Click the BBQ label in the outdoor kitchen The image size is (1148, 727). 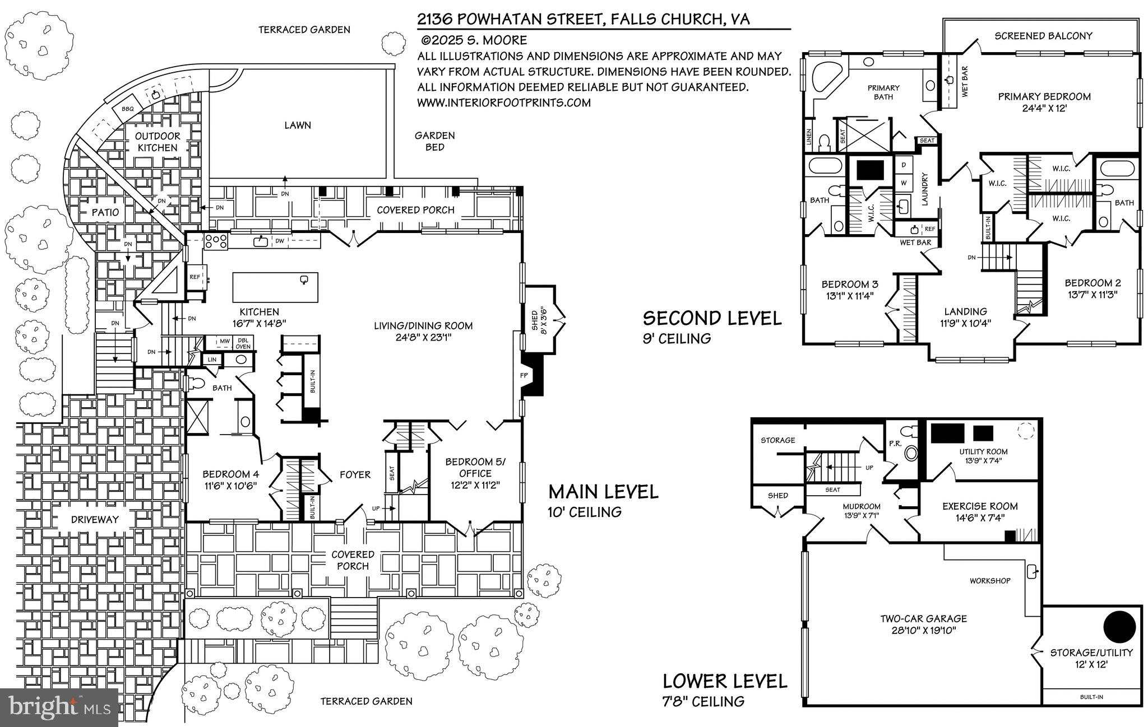pyautogui.click(x=128, y=109)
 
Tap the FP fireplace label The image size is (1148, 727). pyautogui.click(x=524, y=375)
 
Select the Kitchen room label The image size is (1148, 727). pyautogui.click(x=259, y=312)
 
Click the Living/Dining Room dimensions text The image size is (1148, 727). pyautogui.click(x=423, y=337)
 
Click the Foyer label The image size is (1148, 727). pyautogui.click(x=355, y=475)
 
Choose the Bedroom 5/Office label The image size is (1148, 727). pyautogui.click(x=475, y=467)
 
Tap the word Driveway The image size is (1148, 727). pyautogui.click(x=95, y=519)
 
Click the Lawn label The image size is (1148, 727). pyautogui.click(x=297, y=125)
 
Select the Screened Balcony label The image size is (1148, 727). pyautogui.click(x=1043, y=36)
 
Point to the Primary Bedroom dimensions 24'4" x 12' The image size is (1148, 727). pyautogui.click(x=1044, y=108)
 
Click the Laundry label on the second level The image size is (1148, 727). pyautogui.click(x=925, y=188)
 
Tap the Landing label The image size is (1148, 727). pyautogui.click(x=965, y=311)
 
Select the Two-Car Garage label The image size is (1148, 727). pyautogui.click(x=923, y=618)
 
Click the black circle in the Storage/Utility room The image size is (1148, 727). pyautogui.click(x=1119, y=628)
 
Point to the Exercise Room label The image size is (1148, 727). pyautogui.click(x=980, y=506)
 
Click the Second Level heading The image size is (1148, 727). pyautogui.click(x=711, y=318)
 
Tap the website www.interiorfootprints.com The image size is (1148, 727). pyautogui.click(x=503, y=103)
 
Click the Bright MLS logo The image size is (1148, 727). pyautogui.click(x=59, y=707)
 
